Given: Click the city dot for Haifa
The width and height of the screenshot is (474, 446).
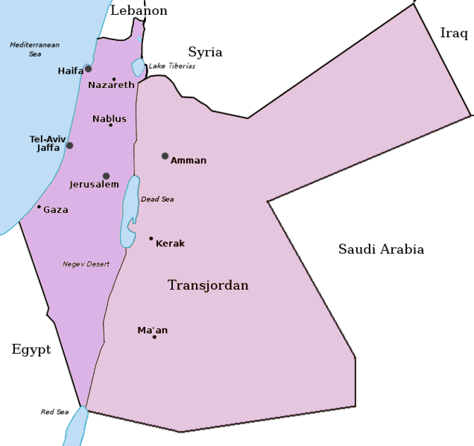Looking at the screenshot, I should (88, 69).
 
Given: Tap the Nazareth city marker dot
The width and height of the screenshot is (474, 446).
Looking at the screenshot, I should (114, 79).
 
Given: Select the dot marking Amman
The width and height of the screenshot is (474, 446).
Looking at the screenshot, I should (165, 156).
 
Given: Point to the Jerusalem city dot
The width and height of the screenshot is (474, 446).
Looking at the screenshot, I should (106, 176).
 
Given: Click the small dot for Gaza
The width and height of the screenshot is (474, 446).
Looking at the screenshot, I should (39, 207).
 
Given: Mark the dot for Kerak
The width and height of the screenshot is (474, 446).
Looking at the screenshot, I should (151, 239).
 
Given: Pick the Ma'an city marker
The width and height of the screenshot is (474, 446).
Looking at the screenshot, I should (154, 337).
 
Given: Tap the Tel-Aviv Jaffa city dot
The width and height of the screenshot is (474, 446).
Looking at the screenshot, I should (69, 145).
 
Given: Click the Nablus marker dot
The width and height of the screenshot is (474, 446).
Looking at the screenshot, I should (110, 124).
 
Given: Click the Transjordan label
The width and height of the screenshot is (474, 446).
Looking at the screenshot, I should (208, 285).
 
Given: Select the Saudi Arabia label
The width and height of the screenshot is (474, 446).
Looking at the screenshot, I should (381, 249).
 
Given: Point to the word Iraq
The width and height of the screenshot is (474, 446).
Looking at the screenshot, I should (453, 34).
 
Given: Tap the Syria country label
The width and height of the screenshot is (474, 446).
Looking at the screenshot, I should (205, 52).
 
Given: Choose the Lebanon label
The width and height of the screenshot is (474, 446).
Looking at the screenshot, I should (139, 10).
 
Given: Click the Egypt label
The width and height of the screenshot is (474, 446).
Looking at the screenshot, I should (31, 349).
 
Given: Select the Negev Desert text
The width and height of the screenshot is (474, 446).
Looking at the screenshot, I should (86, 264).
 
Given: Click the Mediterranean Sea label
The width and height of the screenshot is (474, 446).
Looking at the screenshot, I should (34, 49).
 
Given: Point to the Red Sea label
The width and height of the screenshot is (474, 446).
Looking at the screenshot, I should (54, 412).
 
